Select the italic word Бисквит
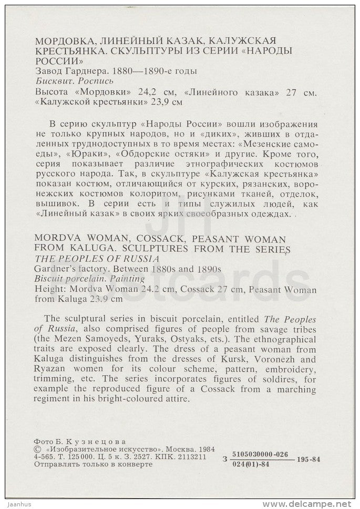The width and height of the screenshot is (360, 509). point(51,82)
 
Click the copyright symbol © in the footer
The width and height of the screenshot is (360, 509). point(36,450)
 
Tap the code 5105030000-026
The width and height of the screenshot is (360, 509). point(260,454)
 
